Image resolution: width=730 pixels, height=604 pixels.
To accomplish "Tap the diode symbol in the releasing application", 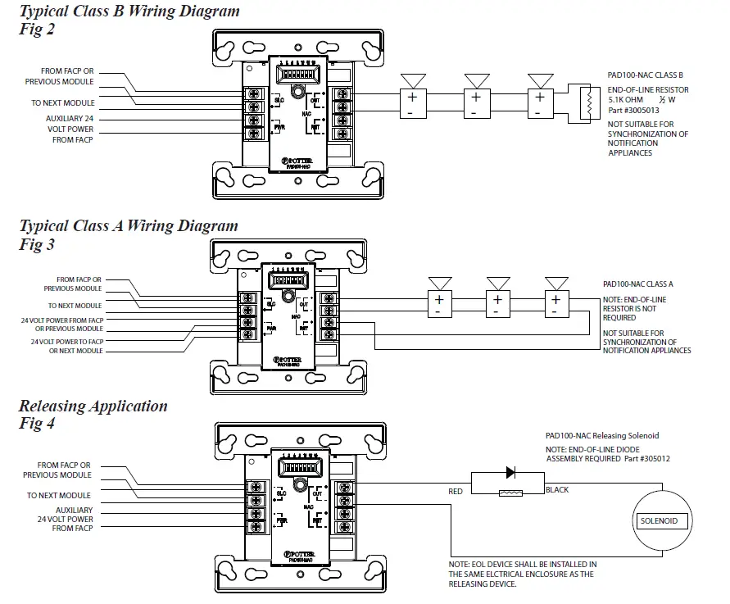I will [x=511, y=472].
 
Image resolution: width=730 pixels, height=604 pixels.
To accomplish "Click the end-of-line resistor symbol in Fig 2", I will [x=585, y=102].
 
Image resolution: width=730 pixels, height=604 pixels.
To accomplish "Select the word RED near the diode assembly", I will [x=455, y=492].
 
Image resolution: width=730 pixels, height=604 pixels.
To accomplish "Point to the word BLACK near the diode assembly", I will [x=557, y=490].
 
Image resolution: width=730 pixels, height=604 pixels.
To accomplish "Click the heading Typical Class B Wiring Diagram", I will [x=129, y=11].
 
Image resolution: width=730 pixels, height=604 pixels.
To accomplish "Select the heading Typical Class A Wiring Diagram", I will [x=129, y=225].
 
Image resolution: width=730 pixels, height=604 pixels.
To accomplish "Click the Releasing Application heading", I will [x=93, y=406].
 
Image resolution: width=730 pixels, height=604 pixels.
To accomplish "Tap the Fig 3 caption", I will [x=37, y=244].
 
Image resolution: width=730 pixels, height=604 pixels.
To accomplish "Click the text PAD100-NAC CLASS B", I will [x=645, y=75].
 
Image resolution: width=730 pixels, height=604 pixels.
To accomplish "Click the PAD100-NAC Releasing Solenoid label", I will [x=602, y=436].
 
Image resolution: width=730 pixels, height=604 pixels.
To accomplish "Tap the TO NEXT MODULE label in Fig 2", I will [x=63, y=103].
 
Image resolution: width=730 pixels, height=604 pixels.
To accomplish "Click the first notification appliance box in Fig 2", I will [x=411, y=102].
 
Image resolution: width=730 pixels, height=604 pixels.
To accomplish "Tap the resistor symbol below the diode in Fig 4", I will [x=510, y=493].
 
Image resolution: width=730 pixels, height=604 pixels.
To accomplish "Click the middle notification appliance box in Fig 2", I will [x=475, y=102].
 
